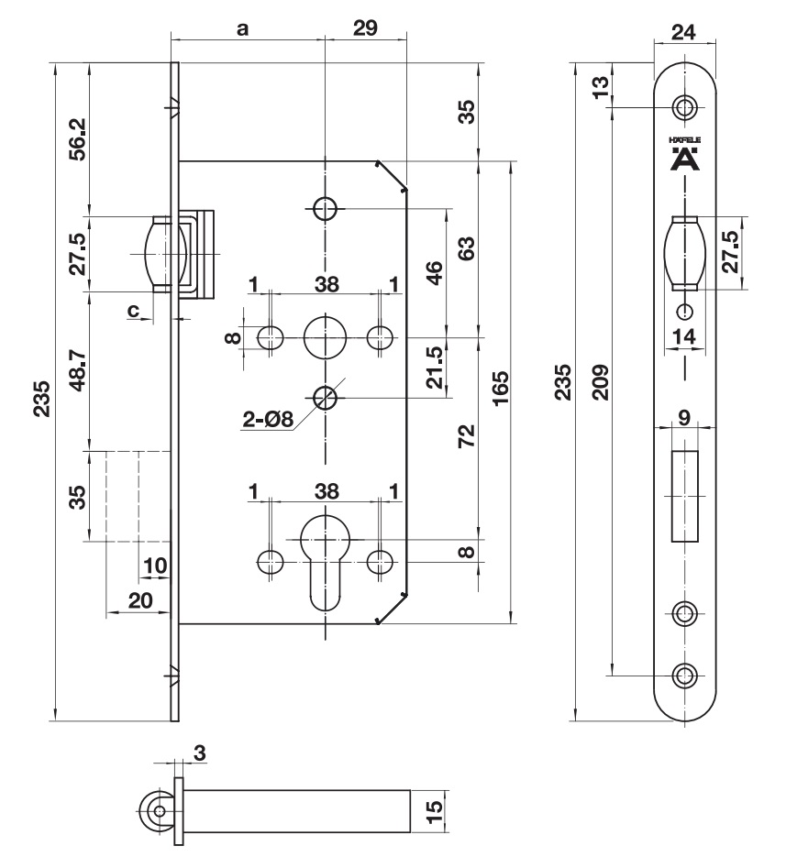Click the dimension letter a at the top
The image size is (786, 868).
click(x=243, y=27)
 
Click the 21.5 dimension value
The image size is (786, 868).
click(x=437, y=368)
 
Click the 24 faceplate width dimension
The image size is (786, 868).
click(x=681, y=33)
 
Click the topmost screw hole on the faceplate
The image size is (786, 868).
click(x=683, y=107)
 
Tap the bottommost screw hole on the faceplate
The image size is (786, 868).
click(x=683, y=676)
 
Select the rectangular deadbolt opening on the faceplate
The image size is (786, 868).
click(x=684, y=495)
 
